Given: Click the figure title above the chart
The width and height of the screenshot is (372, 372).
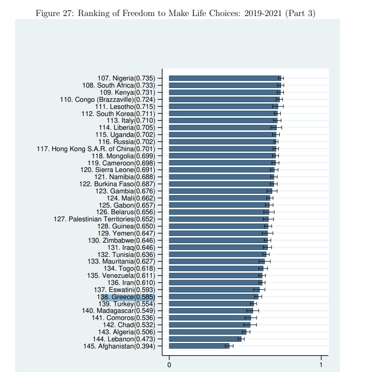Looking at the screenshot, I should [x=175, y=13].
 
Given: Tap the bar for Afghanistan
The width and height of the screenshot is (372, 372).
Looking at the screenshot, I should [x=198, y=346].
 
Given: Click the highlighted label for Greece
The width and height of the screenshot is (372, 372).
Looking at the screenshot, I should [x=126, y=296].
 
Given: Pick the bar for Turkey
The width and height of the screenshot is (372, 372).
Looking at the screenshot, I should [x=210, y=304].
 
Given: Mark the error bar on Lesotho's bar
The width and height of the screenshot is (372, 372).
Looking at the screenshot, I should [x=278, y=106].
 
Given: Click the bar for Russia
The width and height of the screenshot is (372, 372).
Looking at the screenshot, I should [x=222, y=142].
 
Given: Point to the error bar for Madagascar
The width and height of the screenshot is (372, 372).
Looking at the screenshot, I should [x=253, y=311].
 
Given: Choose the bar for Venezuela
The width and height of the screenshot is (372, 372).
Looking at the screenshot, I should [x=215, y=275].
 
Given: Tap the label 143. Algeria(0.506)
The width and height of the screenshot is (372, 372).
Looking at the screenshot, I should [x=127, y=332].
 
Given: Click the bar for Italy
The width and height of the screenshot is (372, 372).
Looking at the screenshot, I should [x=222, y=120].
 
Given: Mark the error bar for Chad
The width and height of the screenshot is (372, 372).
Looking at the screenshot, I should [x=250, y=325].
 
